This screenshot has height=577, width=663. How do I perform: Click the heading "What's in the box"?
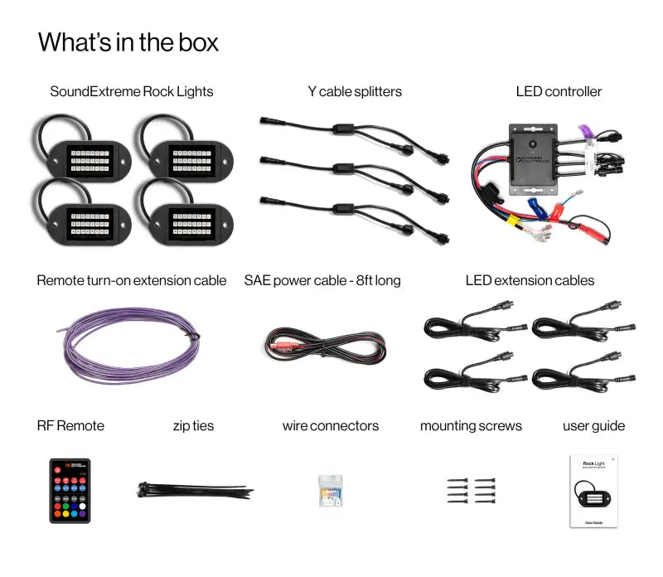128,42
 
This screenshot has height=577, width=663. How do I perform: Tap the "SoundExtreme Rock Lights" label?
131,91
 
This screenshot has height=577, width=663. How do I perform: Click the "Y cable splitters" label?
354,91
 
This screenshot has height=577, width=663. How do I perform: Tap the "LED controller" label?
559,91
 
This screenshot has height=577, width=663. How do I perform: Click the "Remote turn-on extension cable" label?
131,280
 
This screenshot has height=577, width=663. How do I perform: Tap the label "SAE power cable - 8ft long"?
322,280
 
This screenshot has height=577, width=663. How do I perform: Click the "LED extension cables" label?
530,280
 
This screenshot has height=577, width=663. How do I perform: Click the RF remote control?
70,490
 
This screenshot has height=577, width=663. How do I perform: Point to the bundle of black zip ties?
194,490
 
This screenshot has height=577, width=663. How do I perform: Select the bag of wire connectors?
331,491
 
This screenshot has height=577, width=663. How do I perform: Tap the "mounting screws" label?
471,426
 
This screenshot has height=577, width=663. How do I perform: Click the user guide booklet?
594,490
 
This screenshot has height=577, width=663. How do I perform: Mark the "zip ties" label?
193,426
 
